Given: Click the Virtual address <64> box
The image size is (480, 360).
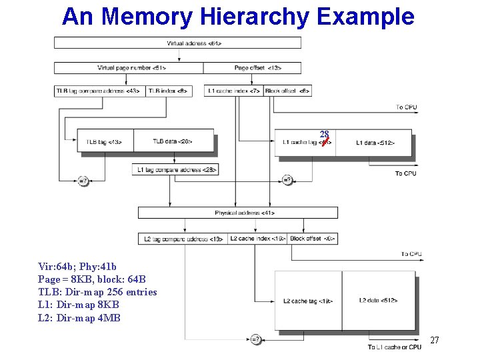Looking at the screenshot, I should (x=177, y=43).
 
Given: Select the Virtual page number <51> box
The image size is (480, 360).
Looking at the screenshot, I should (x=129, y=68).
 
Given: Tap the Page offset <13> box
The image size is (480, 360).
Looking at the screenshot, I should (x=252, y=68).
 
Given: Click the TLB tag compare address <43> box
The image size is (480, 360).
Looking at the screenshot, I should (x=99, y=91).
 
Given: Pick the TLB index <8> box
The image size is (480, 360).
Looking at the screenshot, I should (x=169, y=91).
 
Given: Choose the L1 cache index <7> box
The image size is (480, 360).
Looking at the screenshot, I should (x=234, y=91).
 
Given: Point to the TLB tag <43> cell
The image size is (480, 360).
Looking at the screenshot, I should (x=105, y=141).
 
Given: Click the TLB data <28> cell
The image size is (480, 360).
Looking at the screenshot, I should (x=173, y=141).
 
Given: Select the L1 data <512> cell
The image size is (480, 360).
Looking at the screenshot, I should (x=374, y=143).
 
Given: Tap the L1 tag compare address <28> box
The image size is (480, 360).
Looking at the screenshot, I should (x=175, y=170).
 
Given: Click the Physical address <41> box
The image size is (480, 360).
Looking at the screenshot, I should (x=237, y=213).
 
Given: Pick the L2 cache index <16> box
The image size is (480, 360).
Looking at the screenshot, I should (x=257, y=239).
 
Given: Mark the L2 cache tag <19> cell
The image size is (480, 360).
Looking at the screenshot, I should (x=308, y=301).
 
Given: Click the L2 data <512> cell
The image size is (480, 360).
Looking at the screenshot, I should (x=379, y=301).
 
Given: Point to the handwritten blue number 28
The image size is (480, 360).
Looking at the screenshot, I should (x=324, y=134).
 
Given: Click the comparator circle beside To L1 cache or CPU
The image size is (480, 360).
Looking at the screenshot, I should (x=255, y=339).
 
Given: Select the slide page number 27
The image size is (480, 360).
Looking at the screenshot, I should (x=434, y=341).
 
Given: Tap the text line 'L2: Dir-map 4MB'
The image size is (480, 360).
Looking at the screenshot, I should (x=79, y=318).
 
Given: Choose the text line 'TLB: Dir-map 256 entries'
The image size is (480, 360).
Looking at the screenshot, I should (x=97, y=292).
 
